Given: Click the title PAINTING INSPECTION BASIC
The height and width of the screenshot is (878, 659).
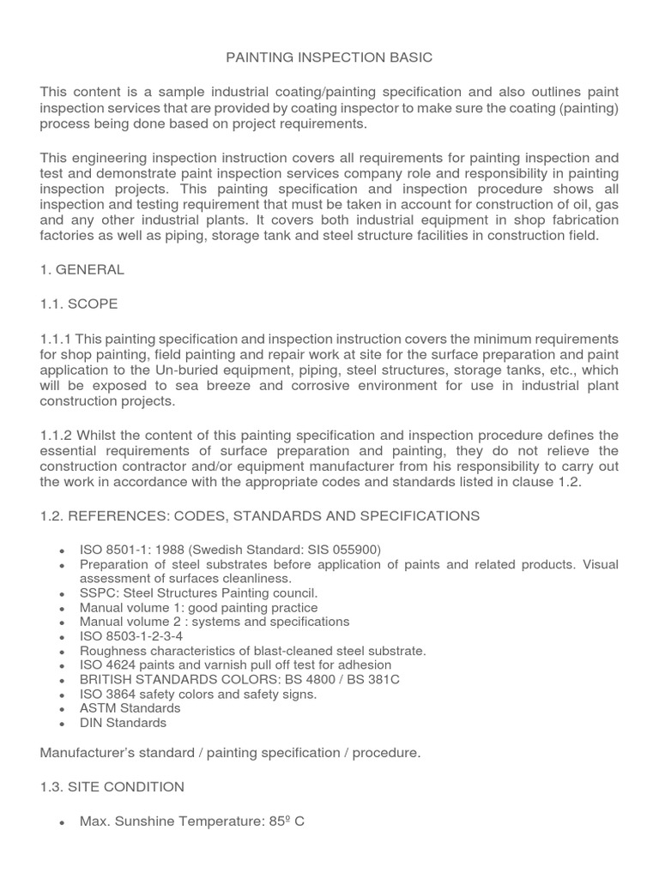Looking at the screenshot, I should [329, 57].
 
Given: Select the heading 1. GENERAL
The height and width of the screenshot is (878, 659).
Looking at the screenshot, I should [82, 269].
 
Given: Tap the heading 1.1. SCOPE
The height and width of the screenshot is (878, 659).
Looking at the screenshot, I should [78, 304].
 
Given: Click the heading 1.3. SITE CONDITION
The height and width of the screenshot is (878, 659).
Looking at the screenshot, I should [112, 786].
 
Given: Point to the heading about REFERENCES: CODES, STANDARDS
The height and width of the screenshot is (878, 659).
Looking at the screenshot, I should [259, 515].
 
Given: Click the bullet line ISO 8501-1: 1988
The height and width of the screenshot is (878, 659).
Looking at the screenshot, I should [230, 550].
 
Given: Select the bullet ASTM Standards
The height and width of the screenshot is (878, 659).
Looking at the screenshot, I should [130, 708].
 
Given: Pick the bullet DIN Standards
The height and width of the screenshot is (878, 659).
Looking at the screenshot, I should [123, 723].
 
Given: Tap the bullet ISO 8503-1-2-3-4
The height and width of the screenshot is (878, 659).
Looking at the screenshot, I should [130, 636].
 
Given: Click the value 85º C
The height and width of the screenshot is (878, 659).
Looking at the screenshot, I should [287, 821].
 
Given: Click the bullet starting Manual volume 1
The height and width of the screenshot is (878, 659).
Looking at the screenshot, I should [198, 607].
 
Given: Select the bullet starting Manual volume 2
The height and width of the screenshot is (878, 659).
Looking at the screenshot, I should [214, 622].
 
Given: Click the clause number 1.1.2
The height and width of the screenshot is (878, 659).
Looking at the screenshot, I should [56, 436].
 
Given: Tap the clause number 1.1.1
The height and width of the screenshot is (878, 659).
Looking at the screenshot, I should [56, 339].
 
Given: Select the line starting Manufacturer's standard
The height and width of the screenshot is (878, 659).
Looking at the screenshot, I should [230, 753].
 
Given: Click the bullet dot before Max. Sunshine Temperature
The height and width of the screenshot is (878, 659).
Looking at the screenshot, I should [63, 822].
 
